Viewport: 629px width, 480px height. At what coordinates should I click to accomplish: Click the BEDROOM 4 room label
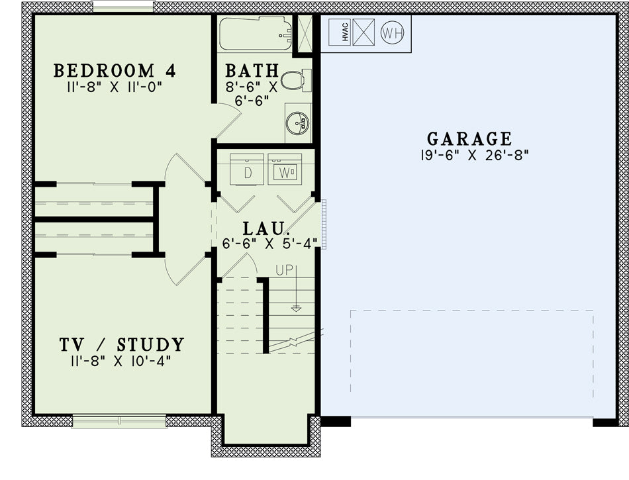pos(115,71)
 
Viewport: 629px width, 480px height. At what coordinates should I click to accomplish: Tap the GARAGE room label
pos(469,139)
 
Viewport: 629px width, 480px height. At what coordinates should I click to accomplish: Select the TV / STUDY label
pos(122,344)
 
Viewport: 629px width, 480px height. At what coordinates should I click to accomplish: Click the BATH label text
pos(252,71)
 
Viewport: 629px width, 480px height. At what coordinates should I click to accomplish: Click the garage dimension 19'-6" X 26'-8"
pos(475,155)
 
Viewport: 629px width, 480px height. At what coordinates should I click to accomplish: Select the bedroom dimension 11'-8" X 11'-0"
pos(115,87)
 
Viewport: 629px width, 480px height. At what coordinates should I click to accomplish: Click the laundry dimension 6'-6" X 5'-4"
pos(270,244)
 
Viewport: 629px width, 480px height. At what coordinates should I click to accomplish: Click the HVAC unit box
pos(340,32)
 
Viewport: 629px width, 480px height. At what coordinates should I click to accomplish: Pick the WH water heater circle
pos(392,33)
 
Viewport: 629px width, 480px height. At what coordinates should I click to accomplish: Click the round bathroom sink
pos(297,122)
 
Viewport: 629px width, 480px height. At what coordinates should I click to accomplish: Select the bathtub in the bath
pos(256,34)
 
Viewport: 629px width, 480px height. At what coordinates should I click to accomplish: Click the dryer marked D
pos(247,169)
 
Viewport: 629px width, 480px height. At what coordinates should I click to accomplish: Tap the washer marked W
pos(285,169)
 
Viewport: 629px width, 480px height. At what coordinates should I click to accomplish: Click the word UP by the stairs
pos(285,271)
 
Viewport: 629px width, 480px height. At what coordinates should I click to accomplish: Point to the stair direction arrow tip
pos(296,311)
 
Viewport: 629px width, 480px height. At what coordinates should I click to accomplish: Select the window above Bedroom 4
pos(122,7)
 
